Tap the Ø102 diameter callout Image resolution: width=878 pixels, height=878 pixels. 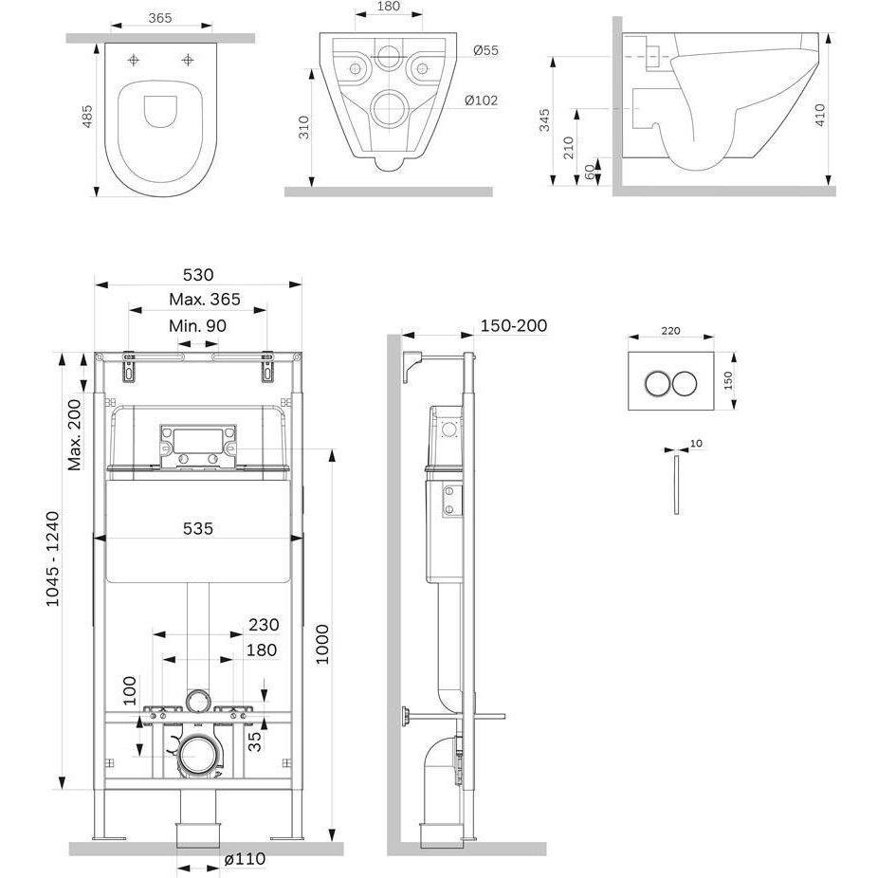[482, 101]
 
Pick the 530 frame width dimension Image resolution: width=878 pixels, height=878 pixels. [197, 275]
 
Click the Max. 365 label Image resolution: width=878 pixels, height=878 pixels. [205, 300]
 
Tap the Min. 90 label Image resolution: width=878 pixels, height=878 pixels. [197, 325]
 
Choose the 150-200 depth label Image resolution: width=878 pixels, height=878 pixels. [514, 325]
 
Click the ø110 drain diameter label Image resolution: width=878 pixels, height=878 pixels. [245, 859]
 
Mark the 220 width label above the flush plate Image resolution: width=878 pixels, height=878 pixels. [670, 332]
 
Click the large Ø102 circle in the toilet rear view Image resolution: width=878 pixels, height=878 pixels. [387, 108]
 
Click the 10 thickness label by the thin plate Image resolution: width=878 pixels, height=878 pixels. [696, 443]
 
